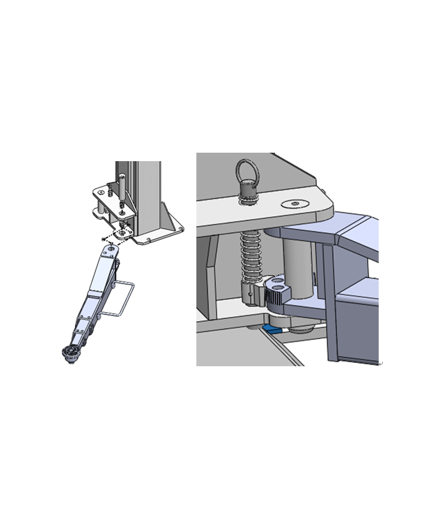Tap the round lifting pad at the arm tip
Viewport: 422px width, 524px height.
71,353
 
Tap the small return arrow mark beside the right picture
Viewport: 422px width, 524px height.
380,364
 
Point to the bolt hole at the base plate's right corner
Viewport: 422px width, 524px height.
180,228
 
